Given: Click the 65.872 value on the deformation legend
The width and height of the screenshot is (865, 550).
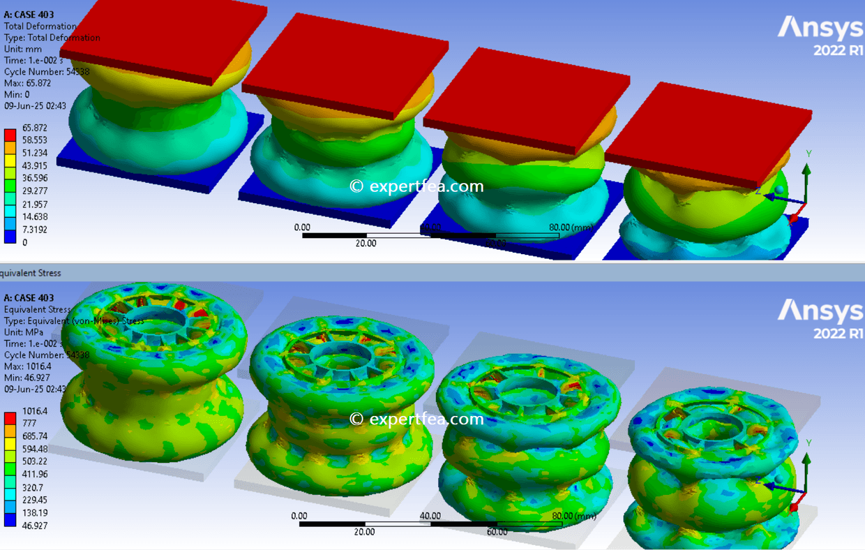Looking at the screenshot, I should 34,128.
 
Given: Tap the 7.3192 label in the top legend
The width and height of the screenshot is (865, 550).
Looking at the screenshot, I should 34,229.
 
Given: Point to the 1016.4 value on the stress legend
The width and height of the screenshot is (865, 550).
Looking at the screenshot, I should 34,411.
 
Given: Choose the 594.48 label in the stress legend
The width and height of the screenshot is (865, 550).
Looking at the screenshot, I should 34,449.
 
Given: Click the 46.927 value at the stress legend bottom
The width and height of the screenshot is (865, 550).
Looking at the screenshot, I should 34,525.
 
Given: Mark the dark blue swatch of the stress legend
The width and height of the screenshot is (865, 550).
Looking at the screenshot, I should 10,519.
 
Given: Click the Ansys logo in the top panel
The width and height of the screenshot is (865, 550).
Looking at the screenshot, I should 820,35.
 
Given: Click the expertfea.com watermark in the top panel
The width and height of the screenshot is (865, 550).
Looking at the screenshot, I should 416,186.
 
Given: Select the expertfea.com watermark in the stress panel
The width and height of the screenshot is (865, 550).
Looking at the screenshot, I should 416,419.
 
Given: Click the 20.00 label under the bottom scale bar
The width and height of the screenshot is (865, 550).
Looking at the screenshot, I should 364,532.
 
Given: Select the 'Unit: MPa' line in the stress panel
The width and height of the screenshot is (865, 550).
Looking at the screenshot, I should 24,332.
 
